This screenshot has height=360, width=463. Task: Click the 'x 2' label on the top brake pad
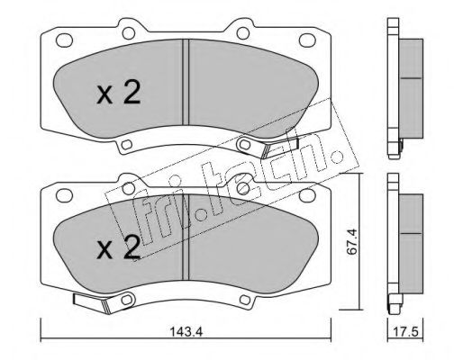[118, 94]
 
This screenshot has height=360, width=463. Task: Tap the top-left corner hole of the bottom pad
[65, 193]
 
